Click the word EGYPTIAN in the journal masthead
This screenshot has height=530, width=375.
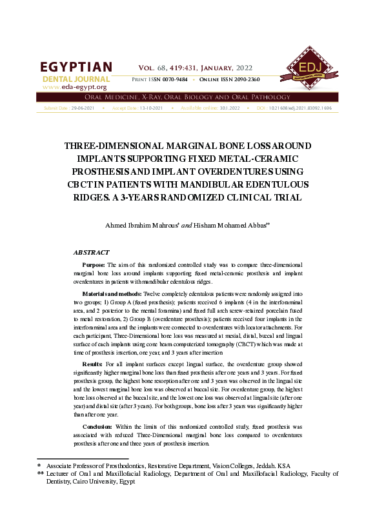point(76,68)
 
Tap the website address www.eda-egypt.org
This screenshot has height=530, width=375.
point(74,86)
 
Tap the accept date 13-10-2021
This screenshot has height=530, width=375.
point(153,108)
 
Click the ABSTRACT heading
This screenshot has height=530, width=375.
point(91,252)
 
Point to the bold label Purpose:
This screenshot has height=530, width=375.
point(94,265)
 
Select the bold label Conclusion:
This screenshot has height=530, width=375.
point(98,427)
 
